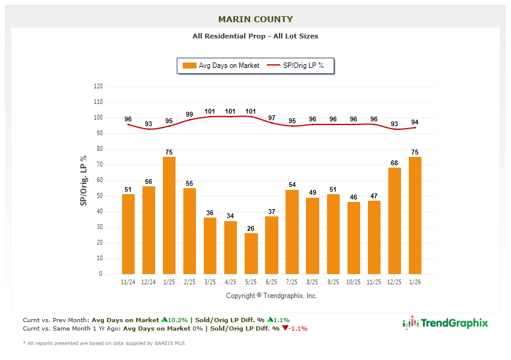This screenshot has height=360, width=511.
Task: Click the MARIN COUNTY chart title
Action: coord(255,19)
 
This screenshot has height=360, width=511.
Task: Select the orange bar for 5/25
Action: coord(251,253)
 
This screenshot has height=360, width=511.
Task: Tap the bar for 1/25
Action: coord(169,215)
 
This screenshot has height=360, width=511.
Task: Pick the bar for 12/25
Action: coord(394,221)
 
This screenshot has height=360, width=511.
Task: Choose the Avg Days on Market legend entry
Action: coord(222,66)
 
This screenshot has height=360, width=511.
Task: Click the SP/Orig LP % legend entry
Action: coord(296,66)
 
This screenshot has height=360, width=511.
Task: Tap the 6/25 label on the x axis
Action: coord(272,282)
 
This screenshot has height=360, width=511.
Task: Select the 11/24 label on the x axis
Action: coord(128,282)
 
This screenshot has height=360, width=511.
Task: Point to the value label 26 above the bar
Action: coord(251,228)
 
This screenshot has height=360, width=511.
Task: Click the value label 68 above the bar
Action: coord(394,163)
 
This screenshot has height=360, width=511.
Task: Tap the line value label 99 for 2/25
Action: coord(189,114)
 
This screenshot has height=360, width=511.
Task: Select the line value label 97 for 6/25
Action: coord(272,118)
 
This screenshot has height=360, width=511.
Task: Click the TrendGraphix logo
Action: coord(445,323)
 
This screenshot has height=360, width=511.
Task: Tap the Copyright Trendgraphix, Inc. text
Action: coord(271,296)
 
